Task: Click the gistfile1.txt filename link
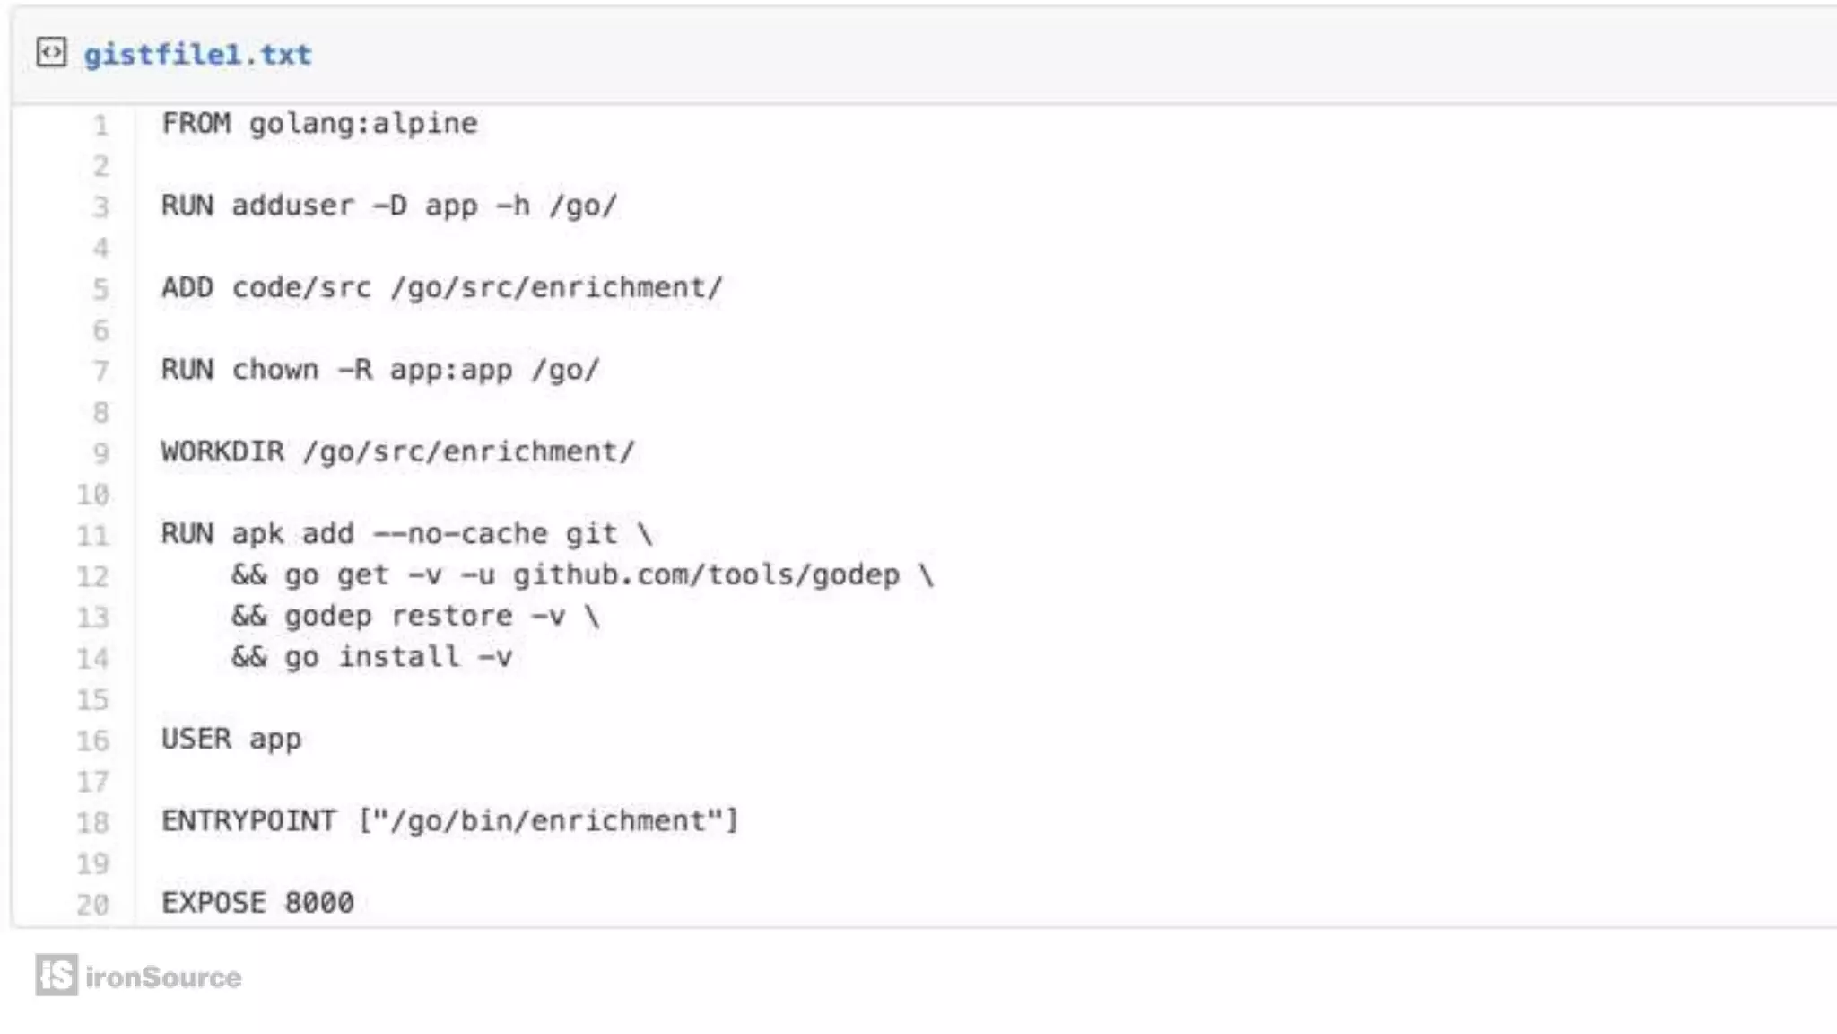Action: (x=197, y=55)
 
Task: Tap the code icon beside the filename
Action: (x=51, y=53)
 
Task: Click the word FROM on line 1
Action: (x=196, y=123)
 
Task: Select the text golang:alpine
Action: (x=363, y=123)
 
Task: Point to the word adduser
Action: (x=292, y=206)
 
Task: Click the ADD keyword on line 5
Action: (x=187, y=287)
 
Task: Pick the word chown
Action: (x=275, y=370)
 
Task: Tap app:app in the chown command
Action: (x=451, y=370)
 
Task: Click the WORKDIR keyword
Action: (x=222, y=451)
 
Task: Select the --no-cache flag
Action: (x=460, y=534)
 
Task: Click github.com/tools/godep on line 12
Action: (x=706, y=574)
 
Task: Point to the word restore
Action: (x=452, y=616)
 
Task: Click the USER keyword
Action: (x=196, y=739)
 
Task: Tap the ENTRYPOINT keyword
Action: (x=248, y=820)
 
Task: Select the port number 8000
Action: (x=319, y=902)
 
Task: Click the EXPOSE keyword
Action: (x=213, y=902)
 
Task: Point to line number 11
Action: (x=92, y=536)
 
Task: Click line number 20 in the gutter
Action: (x=92, y=904)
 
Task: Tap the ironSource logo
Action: (x=139, y=976)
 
